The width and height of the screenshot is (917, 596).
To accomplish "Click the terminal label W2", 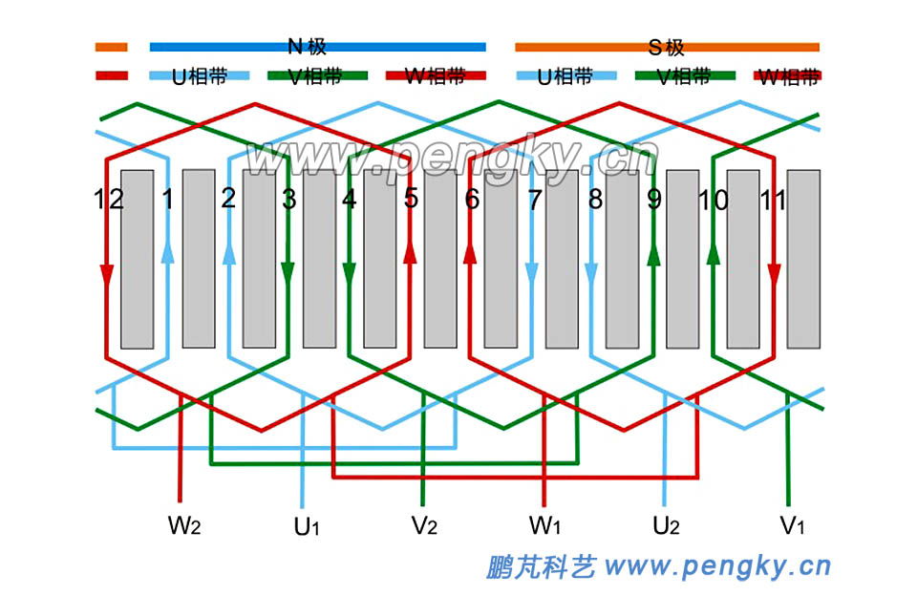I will point(184,524).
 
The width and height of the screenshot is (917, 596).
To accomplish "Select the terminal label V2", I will point(425,524).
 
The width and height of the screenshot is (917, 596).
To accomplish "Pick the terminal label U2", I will point(667,524).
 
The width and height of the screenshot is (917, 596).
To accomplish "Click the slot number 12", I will point(109,200).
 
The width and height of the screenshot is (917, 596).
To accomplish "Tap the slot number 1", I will point(168,200).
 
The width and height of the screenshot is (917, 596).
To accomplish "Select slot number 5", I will point(411,200).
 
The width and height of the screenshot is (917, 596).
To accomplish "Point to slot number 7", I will point(533,200).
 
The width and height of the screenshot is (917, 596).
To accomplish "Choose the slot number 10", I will point(714,200).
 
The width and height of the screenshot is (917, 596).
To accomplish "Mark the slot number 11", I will point(772,200).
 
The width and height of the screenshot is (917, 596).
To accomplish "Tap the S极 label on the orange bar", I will point(666,46).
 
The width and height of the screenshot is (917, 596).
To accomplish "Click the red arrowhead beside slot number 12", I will point(106,274).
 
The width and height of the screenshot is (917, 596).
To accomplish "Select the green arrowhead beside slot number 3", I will point(288,274).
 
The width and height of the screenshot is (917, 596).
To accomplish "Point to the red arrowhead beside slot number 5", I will point(410,252).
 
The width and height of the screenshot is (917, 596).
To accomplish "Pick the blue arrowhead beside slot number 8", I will point(592,274).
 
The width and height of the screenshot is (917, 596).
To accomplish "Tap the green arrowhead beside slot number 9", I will point(653,252).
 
